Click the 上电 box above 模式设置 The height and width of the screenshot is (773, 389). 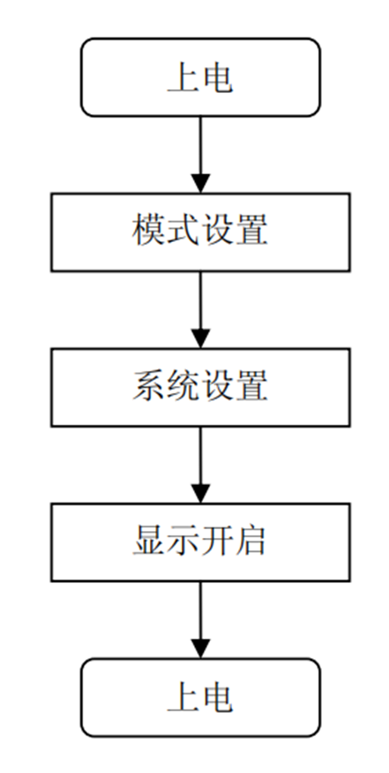point(200,77)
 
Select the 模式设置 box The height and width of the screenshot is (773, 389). point(200,231)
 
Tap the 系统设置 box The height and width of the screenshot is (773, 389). point(200,387)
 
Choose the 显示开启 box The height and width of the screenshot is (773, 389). point(200,542)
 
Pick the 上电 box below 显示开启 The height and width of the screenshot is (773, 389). point(200,697)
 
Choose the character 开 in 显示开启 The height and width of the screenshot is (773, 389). point(217,542)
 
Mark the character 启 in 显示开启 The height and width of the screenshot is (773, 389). point(251,542)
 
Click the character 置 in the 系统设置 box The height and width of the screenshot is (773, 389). point(251,387)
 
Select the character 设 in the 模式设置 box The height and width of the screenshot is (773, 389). point(217,231)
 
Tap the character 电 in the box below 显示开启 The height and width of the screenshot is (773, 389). point(217,697)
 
